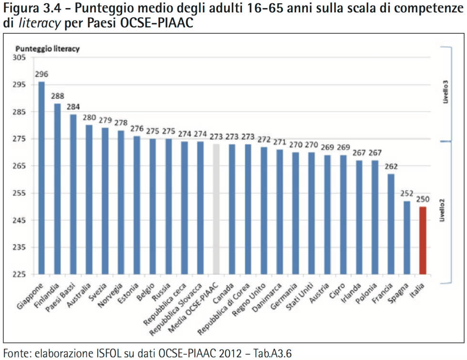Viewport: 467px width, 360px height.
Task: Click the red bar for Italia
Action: point(423,240)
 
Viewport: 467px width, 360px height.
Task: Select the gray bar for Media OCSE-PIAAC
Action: point(216,209)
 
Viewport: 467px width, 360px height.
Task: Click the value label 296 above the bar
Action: point(42,74)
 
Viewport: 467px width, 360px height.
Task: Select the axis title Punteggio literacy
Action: point(48,48)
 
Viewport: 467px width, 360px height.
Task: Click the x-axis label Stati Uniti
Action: point(300,295)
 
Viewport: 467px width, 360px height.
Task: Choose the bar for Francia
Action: point(391,224)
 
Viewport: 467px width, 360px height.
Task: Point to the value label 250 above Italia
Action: point(423,199)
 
